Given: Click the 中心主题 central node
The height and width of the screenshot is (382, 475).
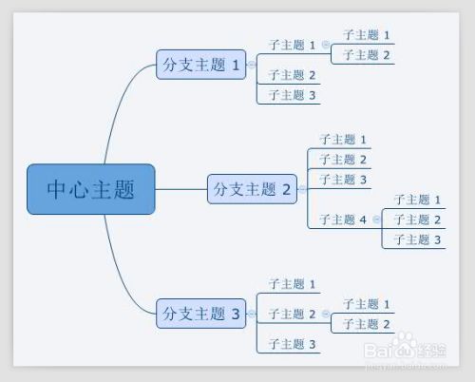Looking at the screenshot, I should click(90, 189).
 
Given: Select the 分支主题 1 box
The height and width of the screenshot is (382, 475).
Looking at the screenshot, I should click(201, 66).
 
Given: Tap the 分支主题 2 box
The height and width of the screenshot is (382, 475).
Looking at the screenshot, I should click(252, 189).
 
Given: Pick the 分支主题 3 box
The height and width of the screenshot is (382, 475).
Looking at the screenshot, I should click(201, 313).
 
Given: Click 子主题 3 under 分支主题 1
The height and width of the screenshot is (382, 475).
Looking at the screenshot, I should click(292, 95).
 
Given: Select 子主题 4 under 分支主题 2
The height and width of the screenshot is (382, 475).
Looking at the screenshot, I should click(343, 220).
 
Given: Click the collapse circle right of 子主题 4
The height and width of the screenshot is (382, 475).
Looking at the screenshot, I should click(376, 220).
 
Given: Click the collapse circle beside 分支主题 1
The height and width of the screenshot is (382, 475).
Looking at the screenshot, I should click(252, 66).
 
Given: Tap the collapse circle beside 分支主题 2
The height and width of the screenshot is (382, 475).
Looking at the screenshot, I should click(302, 189).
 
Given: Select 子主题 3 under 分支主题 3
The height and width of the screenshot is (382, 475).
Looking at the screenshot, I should click(292, 344).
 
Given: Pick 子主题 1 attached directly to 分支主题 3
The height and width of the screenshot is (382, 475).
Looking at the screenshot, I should click(292, 284).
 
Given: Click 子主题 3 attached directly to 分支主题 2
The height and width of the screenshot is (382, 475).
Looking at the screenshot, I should click(343, 180).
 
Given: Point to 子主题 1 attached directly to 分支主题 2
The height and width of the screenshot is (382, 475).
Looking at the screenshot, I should click(343, 140).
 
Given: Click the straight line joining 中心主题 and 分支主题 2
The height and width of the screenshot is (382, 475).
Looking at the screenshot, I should click(180, 189).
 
